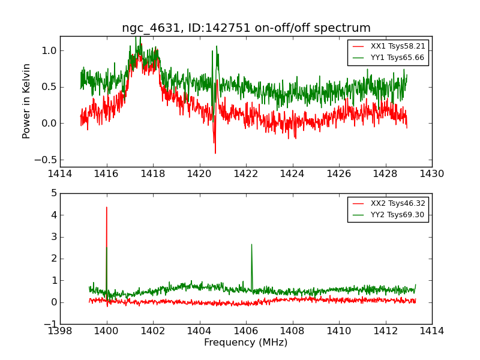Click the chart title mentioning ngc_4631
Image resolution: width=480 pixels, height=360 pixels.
(x=246, y=28)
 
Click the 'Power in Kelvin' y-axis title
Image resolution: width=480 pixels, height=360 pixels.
(x=26, y=101)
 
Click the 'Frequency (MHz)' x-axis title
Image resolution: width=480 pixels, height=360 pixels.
(x=245, y=343)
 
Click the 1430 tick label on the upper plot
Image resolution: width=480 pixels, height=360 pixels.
(x=431, y=174)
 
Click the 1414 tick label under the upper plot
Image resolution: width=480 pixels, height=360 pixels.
(x=60, y=174)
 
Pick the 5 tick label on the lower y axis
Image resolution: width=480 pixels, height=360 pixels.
(x=53, y=193)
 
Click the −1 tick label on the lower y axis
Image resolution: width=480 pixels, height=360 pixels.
(x=49, y=324)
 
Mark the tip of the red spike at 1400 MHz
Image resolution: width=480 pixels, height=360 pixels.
(x=107, y=207)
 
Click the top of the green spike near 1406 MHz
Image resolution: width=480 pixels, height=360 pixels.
(x=251, y=244)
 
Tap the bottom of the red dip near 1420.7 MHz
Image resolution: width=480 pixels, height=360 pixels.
(x=215, y=153)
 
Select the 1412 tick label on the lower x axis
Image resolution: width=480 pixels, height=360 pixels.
(x=385, y=331)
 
